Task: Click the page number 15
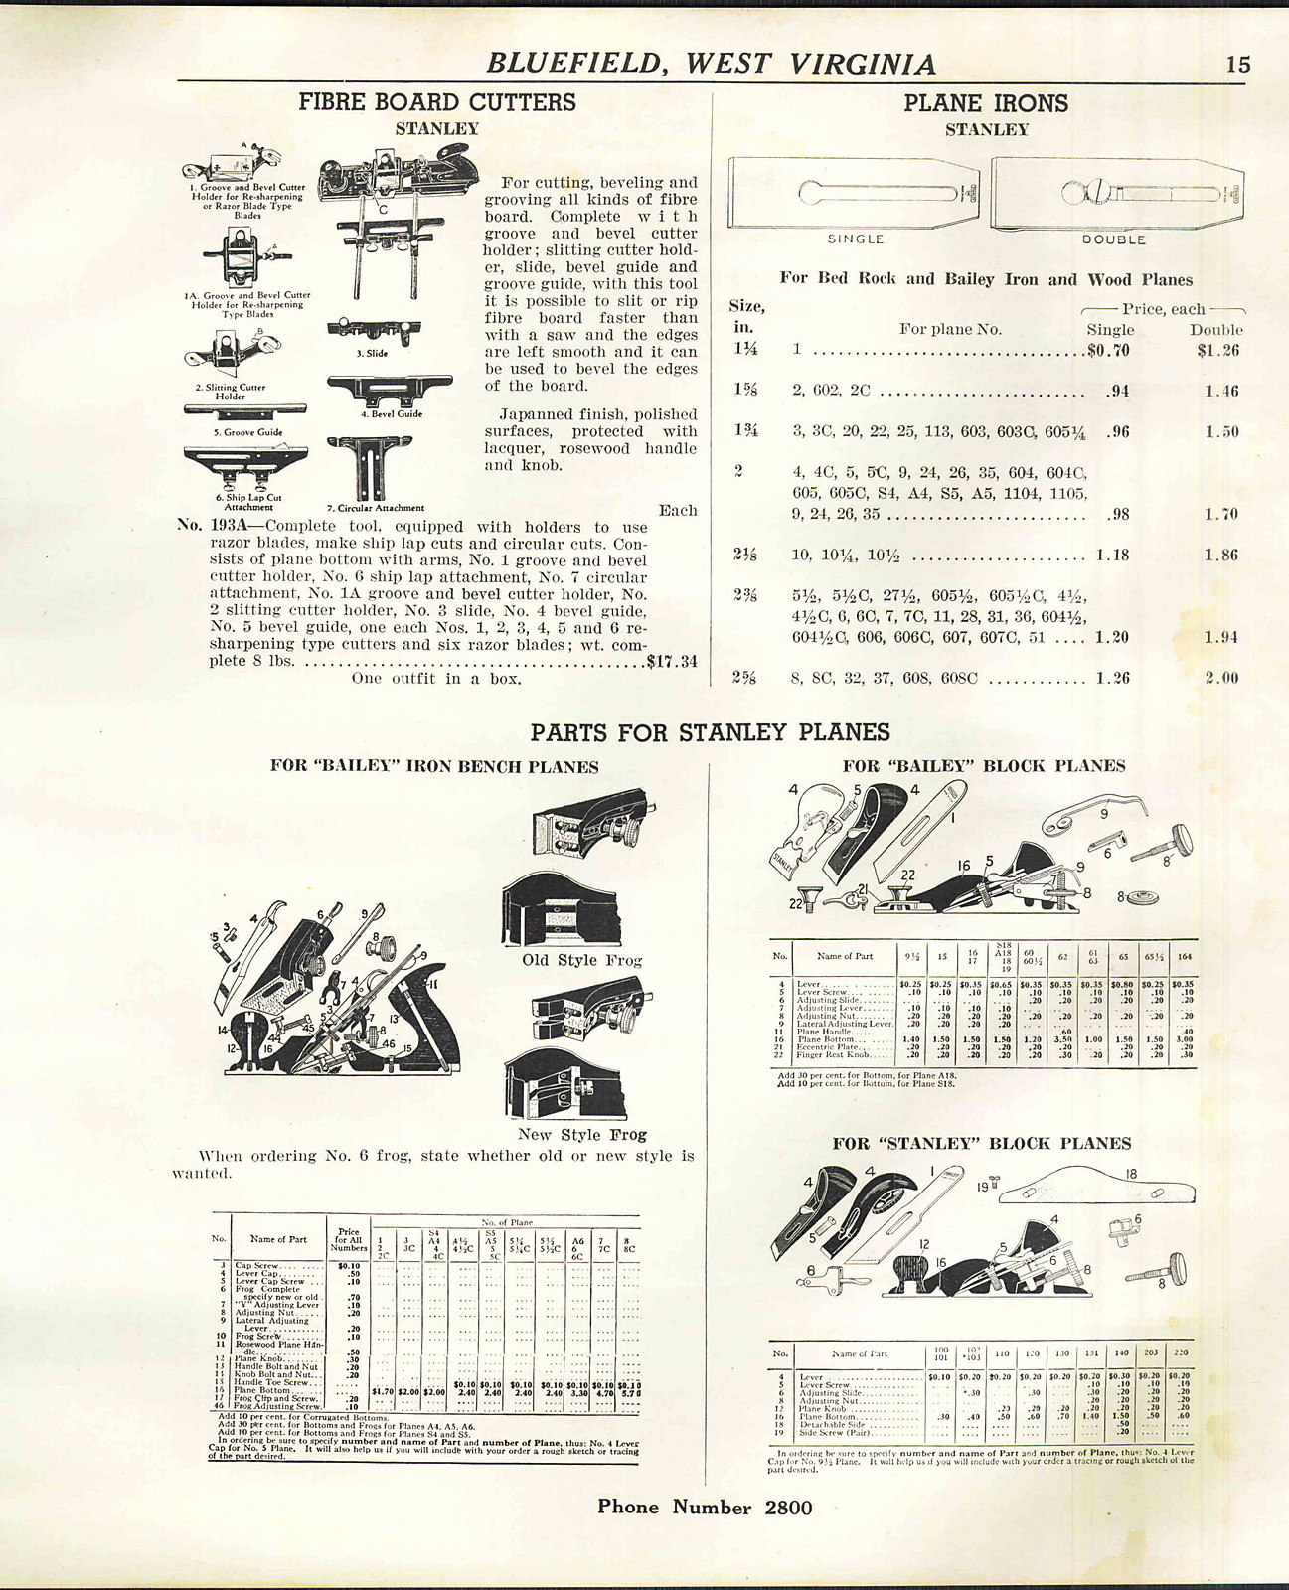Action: [x=1237, y=65]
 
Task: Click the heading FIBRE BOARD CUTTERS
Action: [x=437, y=102]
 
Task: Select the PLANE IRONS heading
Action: [x=986, y=103]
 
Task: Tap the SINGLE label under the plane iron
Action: [x=856, y=239]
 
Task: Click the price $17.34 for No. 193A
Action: [x=672, y=660]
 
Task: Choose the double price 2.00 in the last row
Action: [x=1221, y=678]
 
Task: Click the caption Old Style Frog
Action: [x=581, y=960]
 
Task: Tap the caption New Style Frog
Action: [x=581, y=1134]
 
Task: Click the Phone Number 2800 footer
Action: [x=705, y=1507]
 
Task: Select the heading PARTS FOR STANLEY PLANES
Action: [x=709, y=732]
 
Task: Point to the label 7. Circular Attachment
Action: [x=376, y=507]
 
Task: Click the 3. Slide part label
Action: [x=372, y=353]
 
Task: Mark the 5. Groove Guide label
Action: [x=246, y=432]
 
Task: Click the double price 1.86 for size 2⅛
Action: [x=1221, y=555]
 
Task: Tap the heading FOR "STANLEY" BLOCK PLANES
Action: [x=981, y=1143]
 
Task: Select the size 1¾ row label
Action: [x=746, y=431]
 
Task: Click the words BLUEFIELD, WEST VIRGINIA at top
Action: [x=711, y=64]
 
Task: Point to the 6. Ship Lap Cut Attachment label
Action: [x=247, y=502]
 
